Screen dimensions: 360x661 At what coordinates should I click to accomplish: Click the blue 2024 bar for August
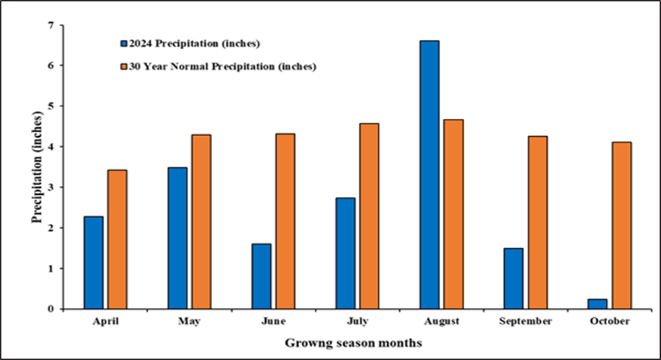(x=429, y=174)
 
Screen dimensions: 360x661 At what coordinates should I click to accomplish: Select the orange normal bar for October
(x=621, y=225)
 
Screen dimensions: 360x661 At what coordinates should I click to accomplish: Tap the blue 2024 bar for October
(x=597, y=304)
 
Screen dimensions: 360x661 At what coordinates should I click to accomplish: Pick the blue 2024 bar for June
(x=261, y=276)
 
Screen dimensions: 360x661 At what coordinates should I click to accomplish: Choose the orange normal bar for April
(x=117, y=239)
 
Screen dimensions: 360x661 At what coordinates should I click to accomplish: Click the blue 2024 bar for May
(x=178, y=238)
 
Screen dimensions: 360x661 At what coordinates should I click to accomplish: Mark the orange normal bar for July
(x=369, y=216)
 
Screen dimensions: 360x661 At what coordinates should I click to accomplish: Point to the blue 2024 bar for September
(x=513, y=278)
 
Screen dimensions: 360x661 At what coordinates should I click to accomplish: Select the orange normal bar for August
(x=453, y=214)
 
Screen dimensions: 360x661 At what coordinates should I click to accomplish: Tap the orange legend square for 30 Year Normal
(x=123, y=67)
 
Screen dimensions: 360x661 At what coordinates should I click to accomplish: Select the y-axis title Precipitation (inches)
(x=39, y=168)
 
